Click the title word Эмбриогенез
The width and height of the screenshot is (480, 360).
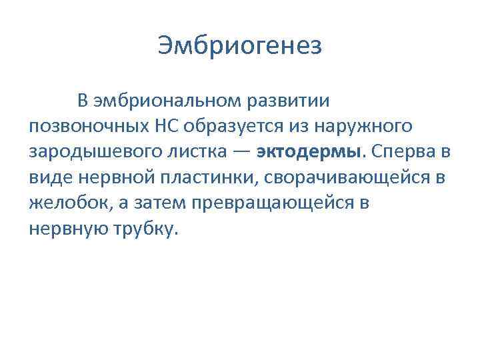click(240, 46)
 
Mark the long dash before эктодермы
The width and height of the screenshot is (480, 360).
click(242, 151)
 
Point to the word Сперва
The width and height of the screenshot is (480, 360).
click(400, 151)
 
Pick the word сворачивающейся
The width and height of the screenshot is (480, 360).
click(346, 177)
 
